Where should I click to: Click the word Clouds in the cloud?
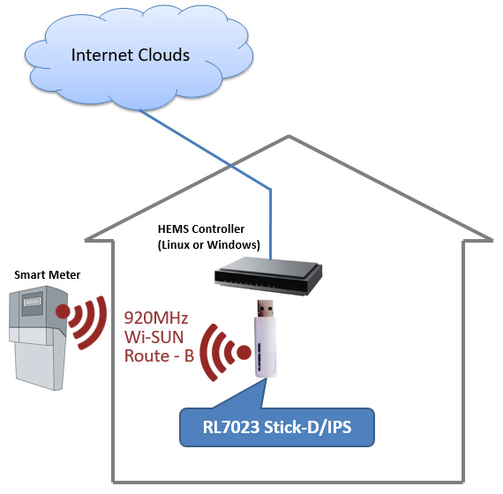coord(161,55)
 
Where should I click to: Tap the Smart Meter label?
coord(47,275)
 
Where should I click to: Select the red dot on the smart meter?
coord(63,311)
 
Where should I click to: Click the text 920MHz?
coord(156,318)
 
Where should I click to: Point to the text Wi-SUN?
coord(154,337)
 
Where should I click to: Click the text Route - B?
coord(159,356)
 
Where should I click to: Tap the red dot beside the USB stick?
coord(244,352)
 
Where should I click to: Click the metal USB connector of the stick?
coord(266,309)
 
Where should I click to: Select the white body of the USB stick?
coord(266,347)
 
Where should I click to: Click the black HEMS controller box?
coord(268,275)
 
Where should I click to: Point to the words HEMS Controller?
coord(201,229)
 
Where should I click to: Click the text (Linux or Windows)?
coord(209,245)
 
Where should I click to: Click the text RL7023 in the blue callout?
coord(231,427)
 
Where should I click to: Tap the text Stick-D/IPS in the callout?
coord(308,427)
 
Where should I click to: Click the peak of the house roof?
coord(289,137)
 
